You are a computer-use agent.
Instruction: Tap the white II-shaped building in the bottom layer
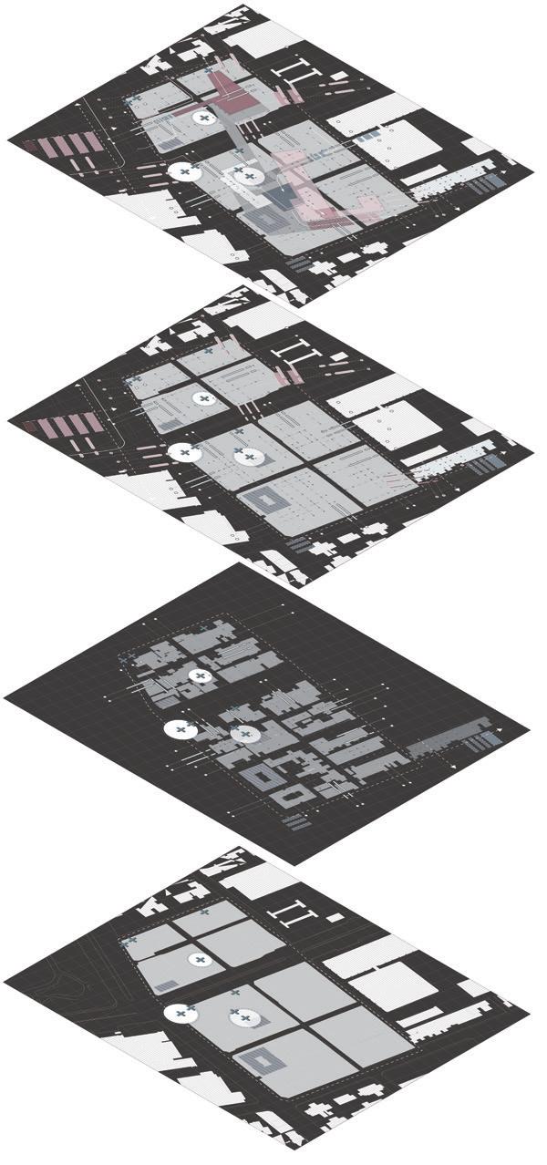[x=293, y=912]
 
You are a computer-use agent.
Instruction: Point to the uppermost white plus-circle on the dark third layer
[x=200, y=675]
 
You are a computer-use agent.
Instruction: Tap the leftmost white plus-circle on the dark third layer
[x=180, y=729]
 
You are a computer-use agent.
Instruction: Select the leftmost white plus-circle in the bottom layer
[x=180, y=1013]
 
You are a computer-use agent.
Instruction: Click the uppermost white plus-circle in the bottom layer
[x=200, y=959]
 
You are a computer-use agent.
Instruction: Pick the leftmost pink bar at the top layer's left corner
[x=36, y=147]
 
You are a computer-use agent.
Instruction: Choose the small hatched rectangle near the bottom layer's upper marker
[x=167, y=985]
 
